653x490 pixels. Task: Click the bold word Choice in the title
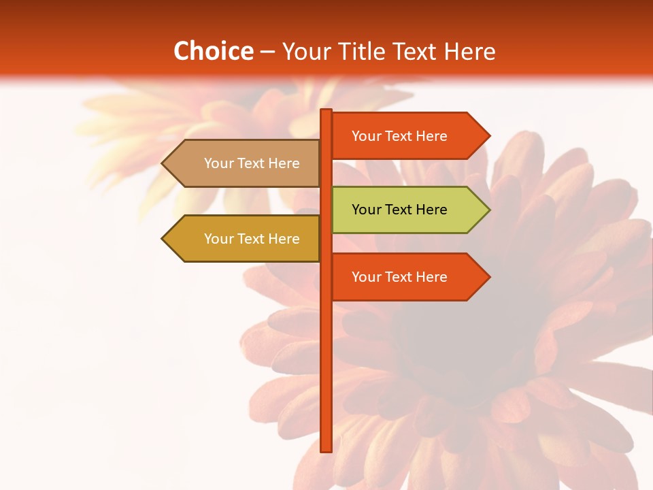point(213,51)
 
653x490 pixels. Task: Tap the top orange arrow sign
point(401,136)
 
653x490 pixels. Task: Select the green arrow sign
point(401,210)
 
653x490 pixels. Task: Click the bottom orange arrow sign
point(401,277)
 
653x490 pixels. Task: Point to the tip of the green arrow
point(488,210)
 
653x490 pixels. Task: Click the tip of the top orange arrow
point(488,136)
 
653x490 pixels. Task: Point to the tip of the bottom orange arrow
point(488,277)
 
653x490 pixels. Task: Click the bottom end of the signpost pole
point(326,450)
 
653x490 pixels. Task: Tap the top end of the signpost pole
point(326,111)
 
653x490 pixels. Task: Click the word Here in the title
point(469,51)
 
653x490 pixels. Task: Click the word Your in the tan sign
point(218,163)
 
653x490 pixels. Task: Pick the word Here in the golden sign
point(284,239)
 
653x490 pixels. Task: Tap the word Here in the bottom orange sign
point(431,277)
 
